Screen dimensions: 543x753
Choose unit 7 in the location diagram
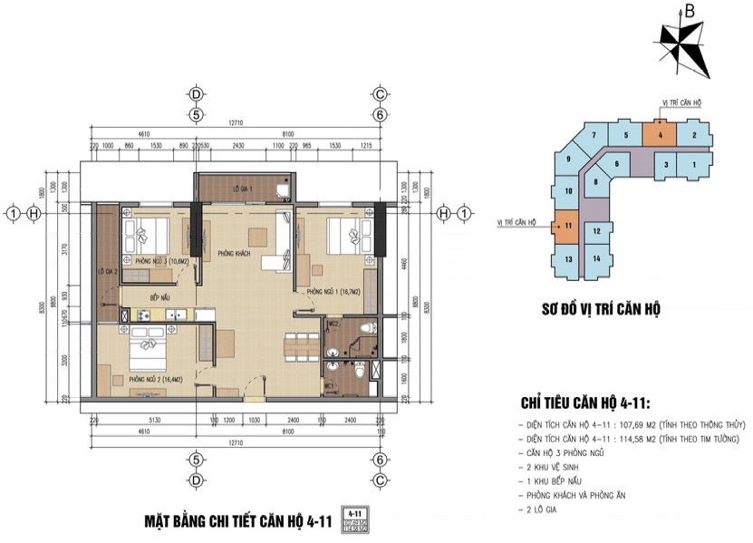[594, 136]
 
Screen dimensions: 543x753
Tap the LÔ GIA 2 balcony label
[107, 271]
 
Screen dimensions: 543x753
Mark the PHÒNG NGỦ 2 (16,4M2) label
[159, 379]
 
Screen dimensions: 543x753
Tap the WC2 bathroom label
[333, 324]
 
